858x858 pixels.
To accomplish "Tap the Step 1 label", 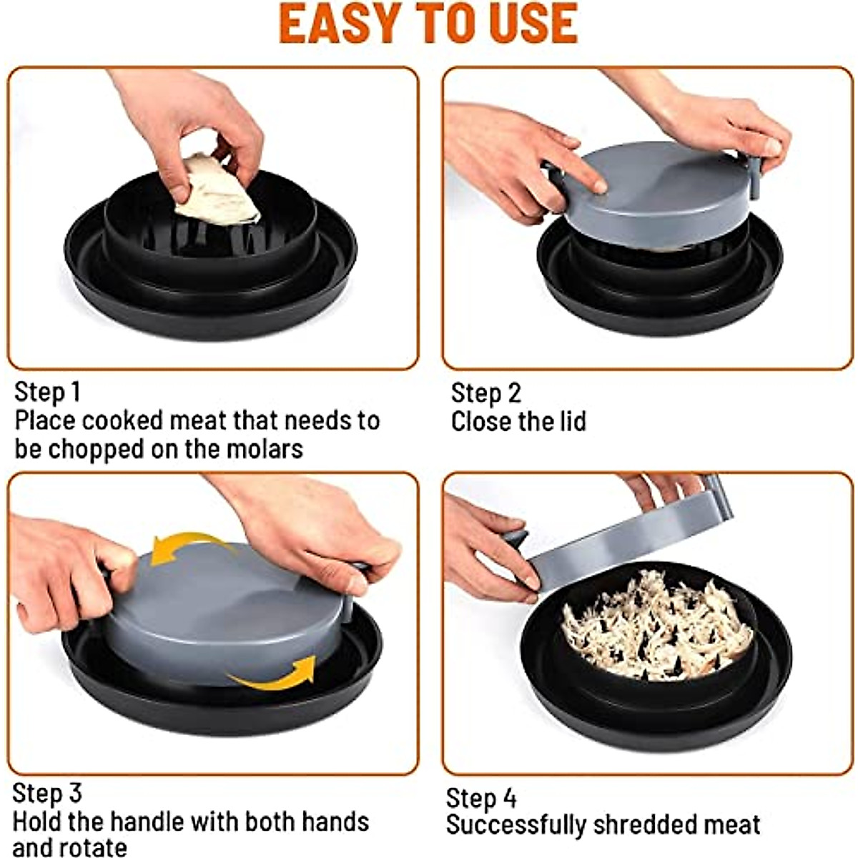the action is [48, 393].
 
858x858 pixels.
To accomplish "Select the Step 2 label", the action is [485, 393].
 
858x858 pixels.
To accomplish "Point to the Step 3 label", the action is [47, 793].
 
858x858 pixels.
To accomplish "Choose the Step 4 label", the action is [481, 798].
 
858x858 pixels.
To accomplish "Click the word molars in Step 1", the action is [265, 449].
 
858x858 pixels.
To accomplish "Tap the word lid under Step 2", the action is [573, 421].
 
